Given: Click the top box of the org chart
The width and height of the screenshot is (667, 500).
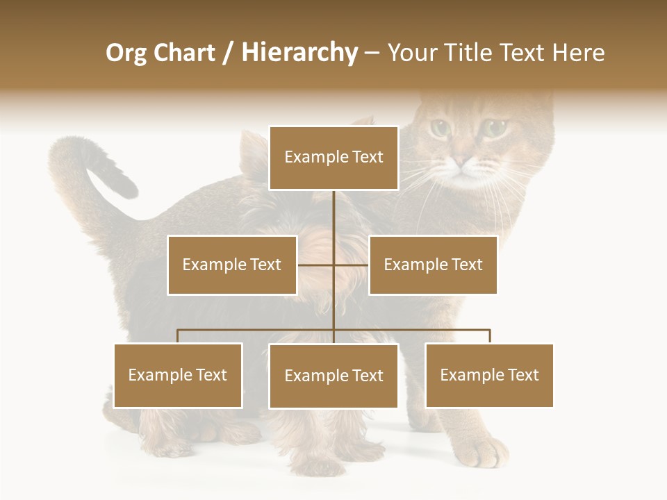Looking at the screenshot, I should point(333,158).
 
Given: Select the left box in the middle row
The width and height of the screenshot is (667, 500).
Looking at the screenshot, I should point(232,265).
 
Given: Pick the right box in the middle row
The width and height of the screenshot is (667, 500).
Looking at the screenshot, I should point(433,265).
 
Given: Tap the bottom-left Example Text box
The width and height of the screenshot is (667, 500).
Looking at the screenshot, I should point(178,375).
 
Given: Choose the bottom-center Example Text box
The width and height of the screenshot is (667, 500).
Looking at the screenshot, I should point(333,376).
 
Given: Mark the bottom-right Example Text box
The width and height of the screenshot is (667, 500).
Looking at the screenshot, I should point(489,375).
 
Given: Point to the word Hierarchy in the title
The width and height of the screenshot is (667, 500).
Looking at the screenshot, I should point(299,53).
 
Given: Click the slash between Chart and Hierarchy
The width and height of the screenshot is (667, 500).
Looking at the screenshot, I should point(228,53).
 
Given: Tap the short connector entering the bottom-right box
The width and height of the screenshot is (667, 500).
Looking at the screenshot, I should point(490,336).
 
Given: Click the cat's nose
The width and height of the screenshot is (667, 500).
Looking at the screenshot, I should point(461,161).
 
